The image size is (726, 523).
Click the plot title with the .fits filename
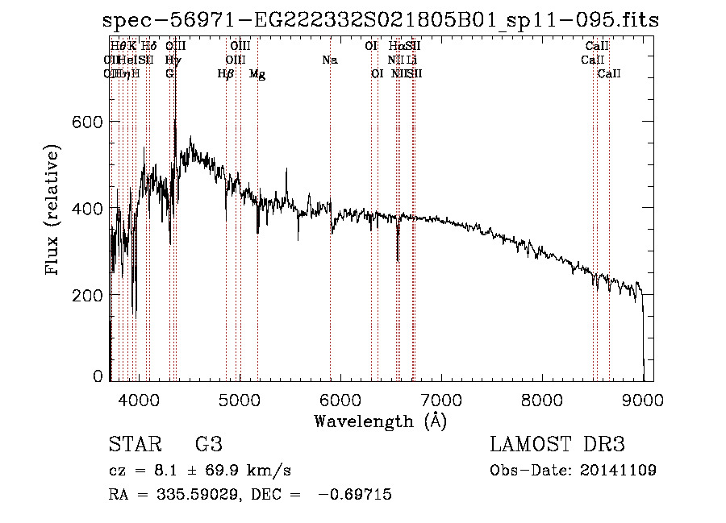(x=382, y=20)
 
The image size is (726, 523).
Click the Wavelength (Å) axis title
(x=380, y=421)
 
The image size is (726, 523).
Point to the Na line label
(x=329, y=60)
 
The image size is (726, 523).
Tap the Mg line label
(x=257, y=74)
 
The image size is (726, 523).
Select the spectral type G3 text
(x=209, y=445)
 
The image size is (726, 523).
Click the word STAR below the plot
(x=133, y=445)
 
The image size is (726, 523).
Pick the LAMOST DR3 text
(x=557, y=445)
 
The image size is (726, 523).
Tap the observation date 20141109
(x=620, y=471)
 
